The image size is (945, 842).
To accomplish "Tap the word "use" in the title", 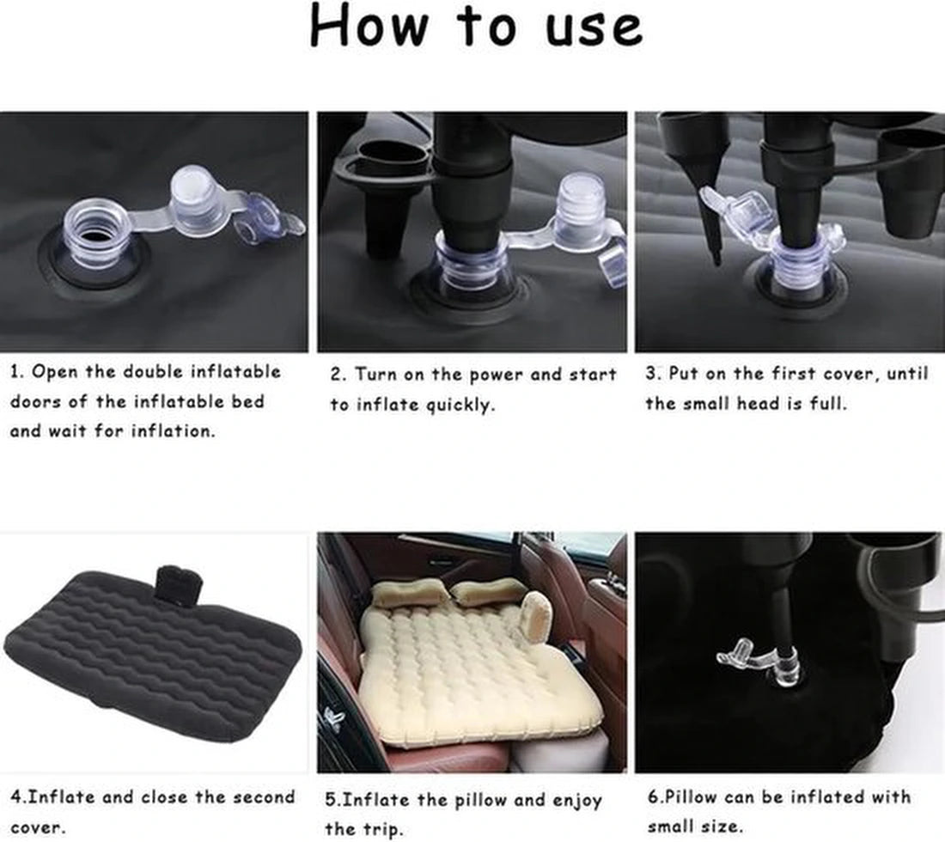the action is [x=594, y=28].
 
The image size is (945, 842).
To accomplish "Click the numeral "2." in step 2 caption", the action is [x=338, y=375].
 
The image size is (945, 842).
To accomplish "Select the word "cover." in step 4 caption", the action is [x=36, y=827].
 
